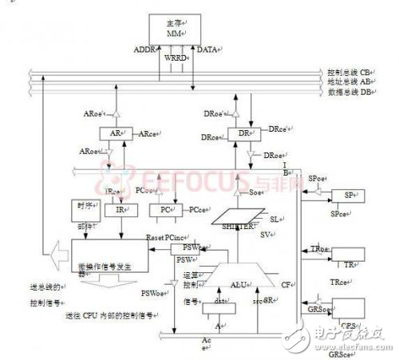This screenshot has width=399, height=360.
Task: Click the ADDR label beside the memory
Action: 136,50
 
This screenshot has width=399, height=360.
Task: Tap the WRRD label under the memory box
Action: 175,57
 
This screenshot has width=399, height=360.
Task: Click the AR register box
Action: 115,134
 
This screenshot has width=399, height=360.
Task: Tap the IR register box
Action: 115,210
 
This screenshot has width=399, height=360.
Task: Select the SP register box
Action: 348,196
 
